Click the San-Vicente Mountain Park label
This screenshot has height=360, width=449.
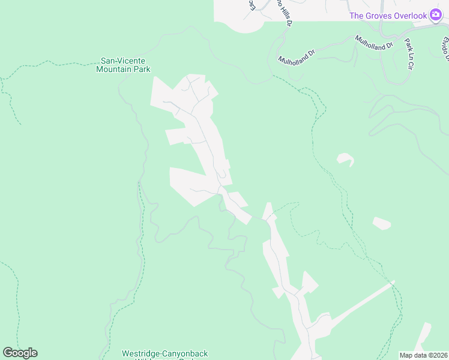123,65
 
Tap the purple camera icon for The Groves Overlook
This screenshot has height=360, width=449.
436,15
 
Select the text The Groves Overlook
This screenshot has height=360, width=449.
388,16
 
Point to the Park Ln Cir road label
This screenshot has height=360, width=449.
411,53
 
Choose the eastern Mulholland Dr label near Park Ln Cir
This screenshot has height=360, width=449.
373,42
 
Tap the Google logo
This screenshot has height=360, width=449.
20,353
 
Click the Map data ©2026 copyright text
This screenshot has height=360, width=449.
423,355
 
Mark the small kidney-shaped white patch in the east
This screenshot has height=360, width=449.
345,159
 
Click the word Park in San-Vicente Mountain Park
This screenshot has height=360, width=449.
142,69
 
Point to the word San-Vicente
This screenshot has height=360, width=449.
123,61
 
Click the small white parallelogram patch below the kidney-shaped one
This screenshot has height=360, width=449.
382,224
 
